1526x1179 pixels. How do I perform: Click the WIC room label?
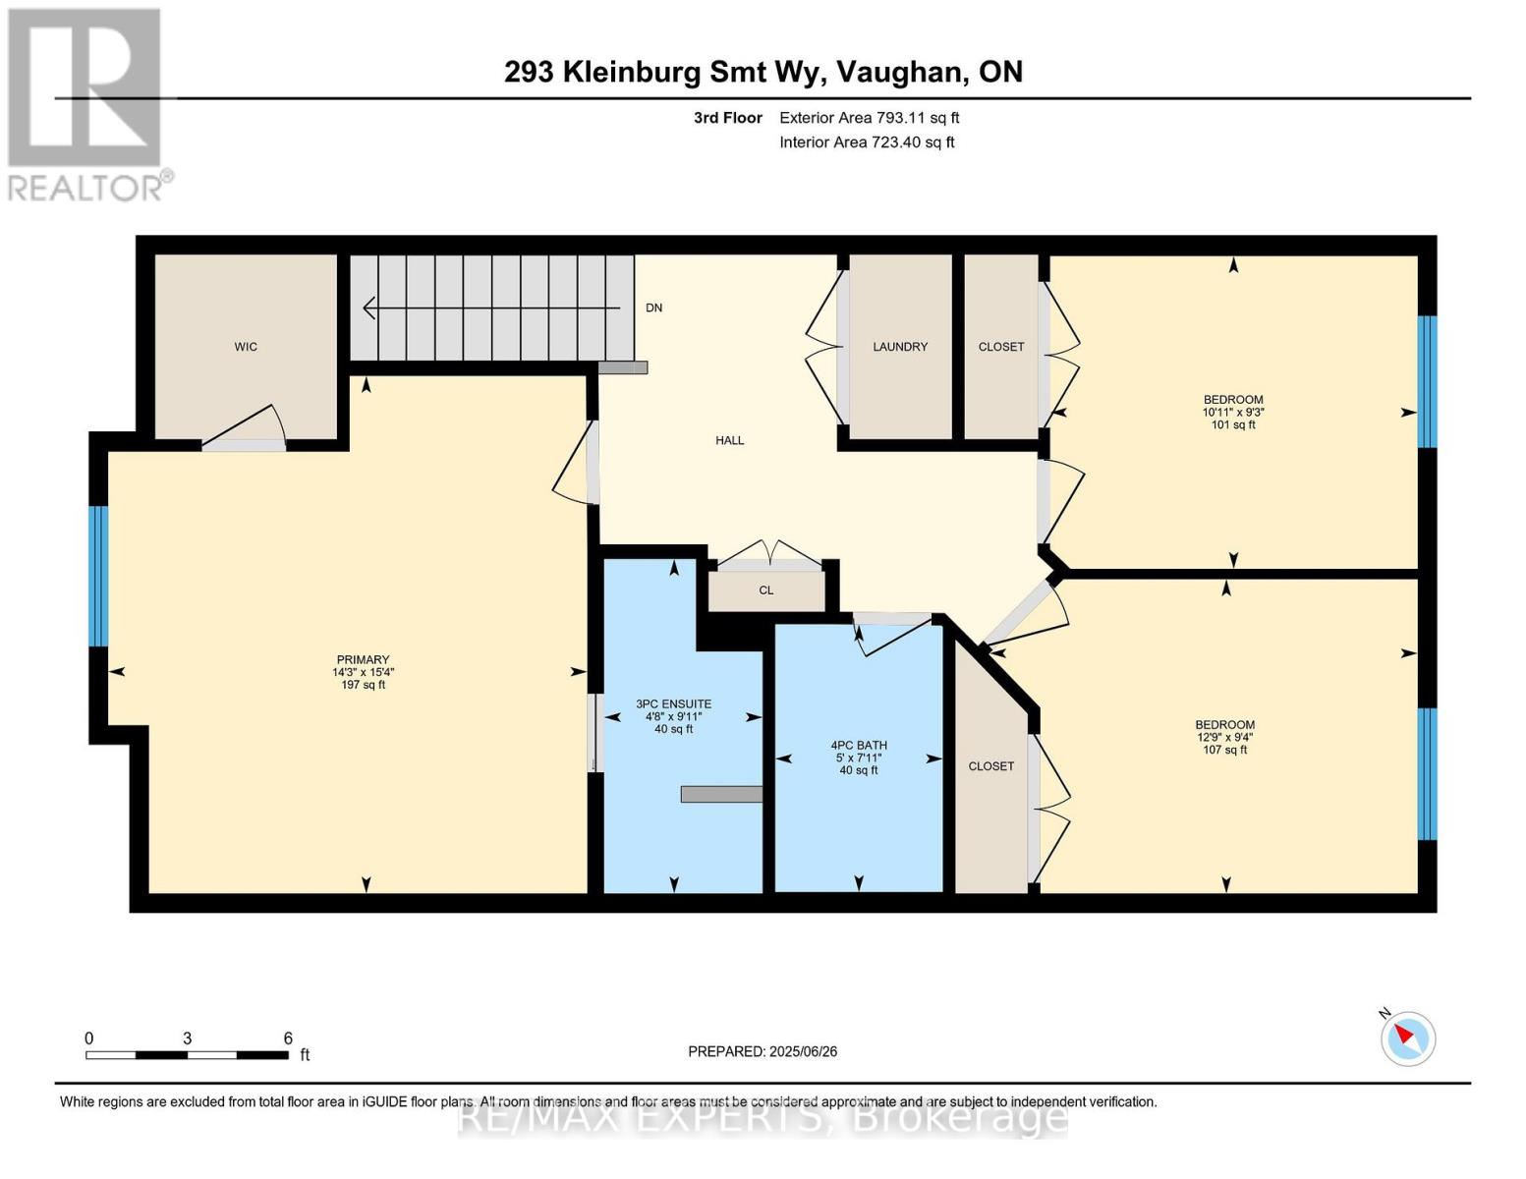coord(246,347)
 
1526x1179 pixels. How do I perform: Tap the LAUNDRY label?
coord(900,347)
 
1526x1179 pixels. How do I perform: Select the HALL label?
coord(729,440)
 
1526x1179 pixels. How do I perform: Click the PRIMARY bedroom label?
coord(363,660)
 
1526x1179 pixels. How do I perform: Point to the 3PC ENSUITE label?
coord(673,704)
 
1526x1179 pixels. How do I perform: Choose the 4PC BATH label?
coord(859,746)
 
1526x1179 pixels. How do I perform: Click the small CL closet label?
coord(766,590)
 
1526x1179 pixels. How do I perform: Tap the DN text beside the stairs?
coord(653,308)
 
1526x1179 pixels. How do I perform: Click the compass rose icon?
coord(1407,1039)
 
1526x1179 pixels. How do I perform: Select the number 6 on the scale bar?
coord(288,1039)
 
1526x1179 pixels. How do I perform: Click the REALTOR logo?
coord(85,103)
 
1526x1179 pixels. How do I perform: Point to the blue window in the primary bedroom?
coord(98,576)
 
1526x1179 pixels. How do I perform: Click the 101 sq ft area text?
coord(1233,425)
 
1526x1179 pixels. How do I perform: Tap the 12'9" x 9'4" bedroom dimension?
coord(1224,738)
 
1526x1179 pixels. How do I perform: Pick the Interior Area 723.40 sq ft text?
coord(867,142)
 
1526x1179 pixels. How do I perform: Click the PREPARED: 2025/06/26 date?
coord(763,1051)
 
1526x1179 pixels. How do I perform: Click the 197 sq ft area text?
coord(363,685)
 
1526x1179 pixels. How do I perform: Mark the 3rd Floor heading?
coord(727,118)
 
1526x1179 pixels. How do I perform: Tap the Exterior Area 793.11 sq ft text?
coord(869,118)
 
